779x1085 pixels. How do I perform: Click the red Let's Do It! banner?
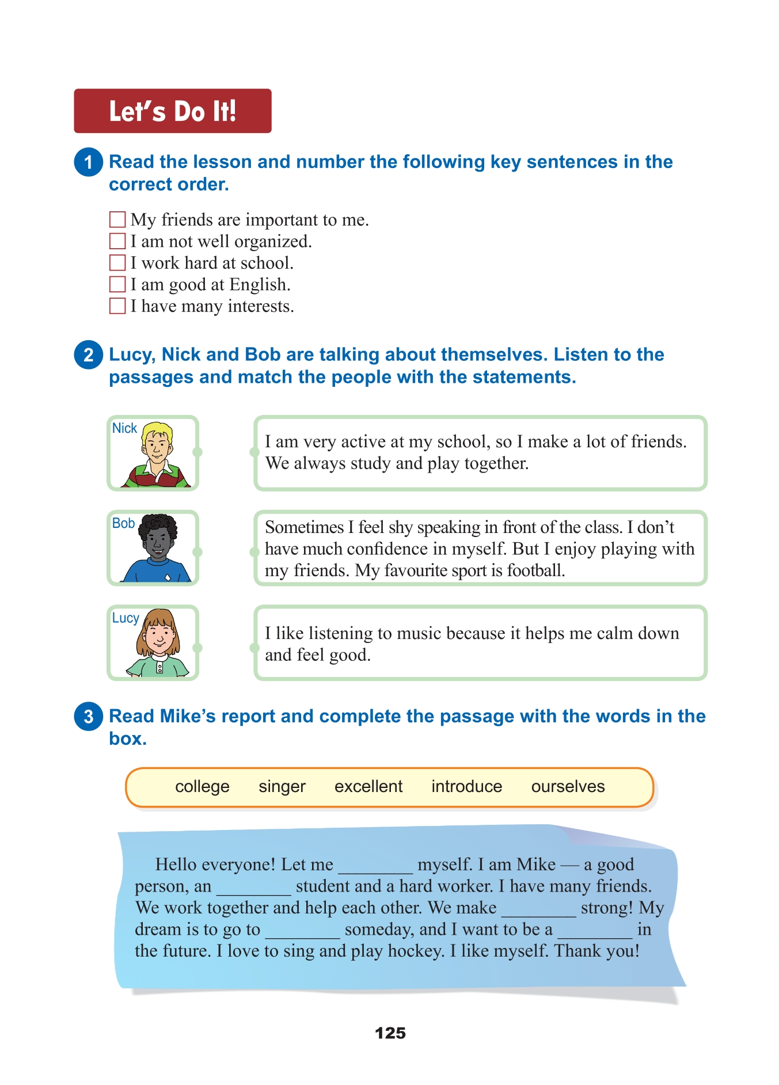tap(172, 111)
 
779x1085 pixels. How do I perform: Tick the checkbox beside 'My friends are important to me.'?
tap(117, 219)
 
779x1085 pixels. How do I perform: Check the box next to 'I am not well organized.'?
tap(117, 241)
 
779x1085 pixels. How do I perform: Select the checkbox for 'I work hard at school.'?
tap(117, 263)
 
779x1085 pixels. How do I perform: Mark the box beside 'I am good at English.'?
tap(117, 284)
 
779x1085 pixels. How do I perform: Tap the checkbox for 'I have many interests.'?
tap(117, 306)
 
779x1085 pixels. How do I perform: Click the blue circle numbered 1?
tap(88, 162)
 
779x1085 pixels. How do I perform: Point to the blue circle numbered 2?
tap(88, 355)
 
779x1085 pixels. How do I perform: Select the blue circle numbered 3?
tap(88, 717)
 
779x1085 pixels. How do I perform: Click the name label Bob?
tap(123, 523)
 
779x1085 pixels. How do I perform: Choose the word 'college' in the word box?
tap(202, 786)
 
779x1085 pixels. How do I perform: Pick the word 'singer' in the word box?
tap(282, 786)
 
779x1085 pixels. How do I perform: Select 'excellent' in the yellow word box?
tap(368, 786)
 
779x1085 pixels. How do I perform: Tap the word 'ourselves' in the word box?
tap(568, 786)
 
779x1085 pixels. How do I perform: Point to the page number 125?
tap(390, 1033)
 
